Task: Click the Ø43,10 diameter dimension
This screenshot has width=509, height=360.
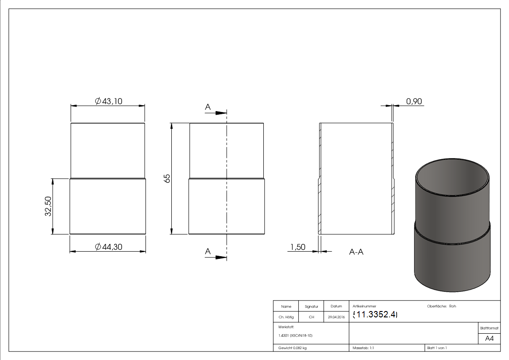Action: click(108, 101)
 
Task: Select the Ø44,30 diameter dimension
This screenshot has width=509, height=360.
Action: click(108, 247)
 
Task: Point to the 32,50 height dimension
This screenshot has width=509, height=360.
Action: click(48, 206)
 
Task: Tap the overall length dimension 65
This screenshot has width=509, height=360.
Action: click(167, 178)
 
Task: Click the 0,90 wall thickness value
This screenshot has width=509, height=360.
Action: click(414, 101)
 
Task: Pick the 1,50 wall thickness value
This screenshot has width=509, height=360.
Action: click(298, 247)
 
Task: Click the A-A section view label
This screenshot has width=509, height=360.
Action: click(356, 252)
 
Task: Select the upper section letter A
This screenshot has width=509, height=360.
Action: click(208, 107)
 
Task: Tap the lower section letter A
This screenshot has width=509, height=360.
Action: click(208, 251)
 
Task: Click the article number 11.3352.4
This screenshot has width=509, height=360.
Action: click(375, 314)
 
